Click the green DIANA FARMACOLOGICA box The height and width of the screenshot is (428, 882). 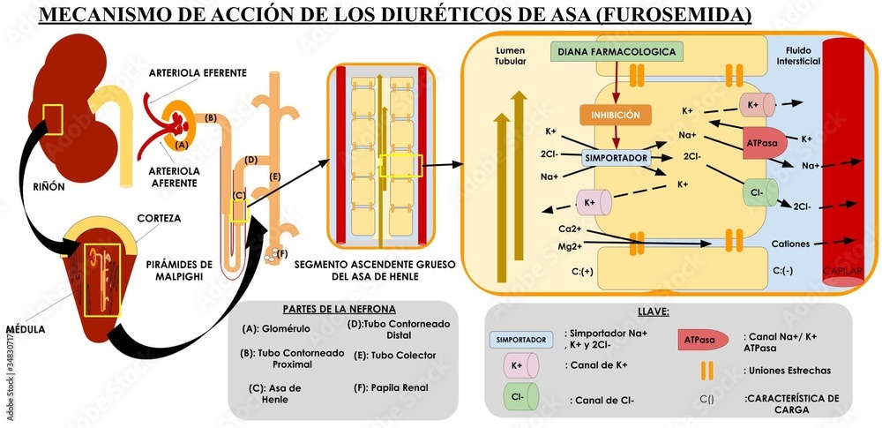616,52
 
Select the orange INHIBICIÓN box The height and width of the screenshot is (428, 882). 615,115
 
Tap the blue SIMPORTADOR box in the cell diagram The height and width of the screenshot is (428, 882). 617,158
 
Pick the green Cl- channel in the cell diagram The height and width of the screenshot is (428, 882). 759,191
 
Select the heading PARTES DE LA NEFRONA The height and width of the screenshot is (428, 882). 339,309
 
